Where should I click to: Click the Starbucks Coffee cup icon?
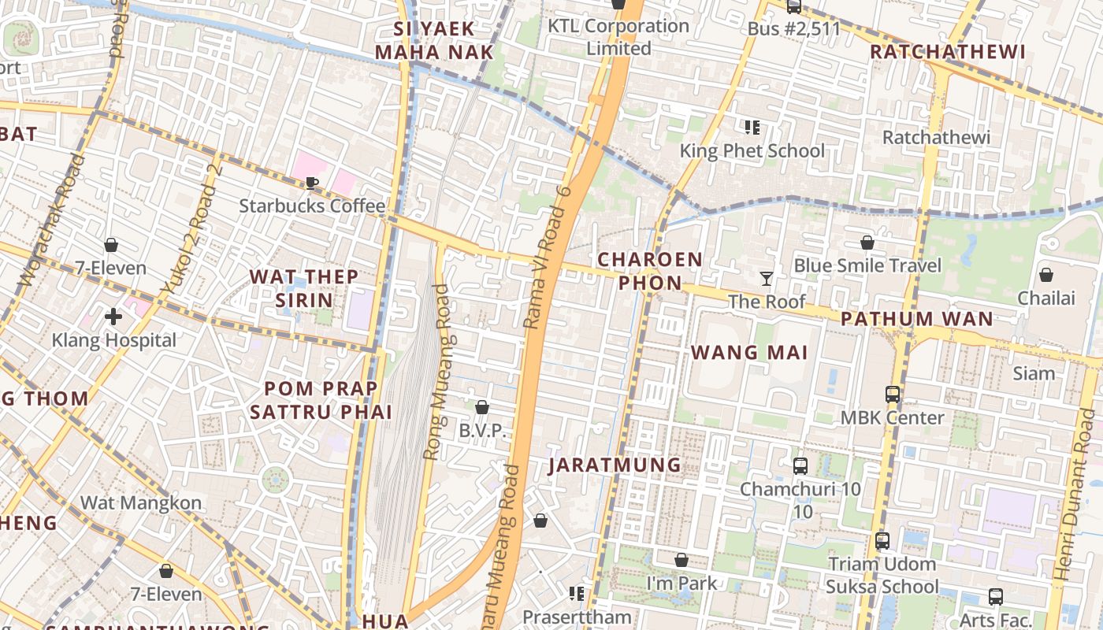(x=312, y=183)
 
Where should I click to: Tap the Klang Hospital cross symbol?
(x=113, y=317)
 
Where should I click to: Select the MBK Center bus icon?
(x=892, y=394)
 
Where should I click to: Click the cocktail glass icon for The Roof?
(x=766, y=278)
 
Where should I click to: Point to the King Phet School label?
(x=752, y=151)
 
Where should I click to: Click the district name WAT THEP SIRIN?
(x=304, y=288)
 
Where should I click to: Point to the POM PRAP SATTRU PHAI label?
(x=321, y=400)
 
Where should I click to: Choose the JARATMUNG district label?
(x=615, y=465)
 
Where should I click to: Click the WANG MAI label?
(x=750, y=352)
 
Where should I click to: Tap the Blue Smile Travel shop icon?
(x=867, y=243)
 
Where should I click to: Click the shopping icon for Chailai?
(x=1046, y=275)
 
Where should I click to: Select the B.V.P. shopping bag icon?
(x=482, y=407)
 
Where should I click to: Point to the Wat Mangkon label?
(x=141, y=502)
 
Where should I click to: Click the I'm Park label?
(x=681, y=583)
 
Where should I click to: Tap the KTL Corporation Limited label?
(x=618, y=37)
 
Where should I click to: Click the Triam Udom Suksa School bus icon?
(x=882, y=541)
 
